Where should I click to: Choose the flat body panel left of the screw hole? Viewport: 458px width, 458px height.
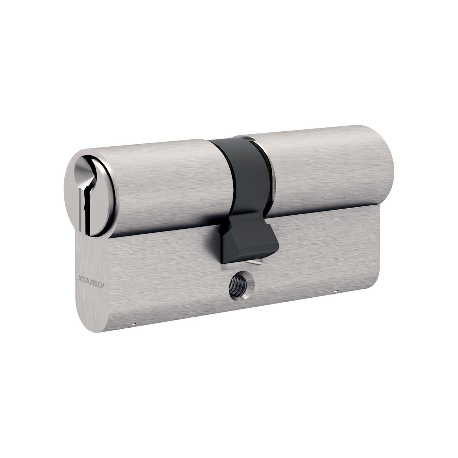click(x=161, y=286)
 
